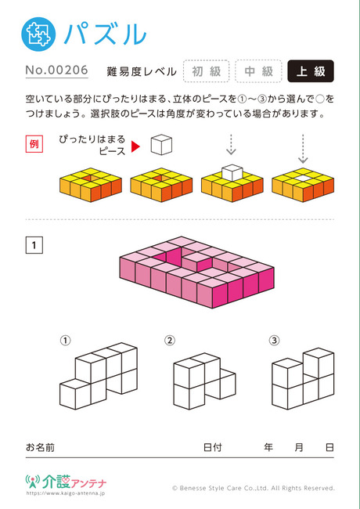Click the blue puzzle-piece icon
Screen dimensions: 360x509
pos(38,34)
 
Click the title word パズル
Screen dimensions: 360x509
pos(105,34)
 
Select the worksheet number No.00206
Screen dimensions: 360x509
pos(57,70)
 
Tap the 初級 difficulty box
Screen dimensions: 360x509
pos(207,71)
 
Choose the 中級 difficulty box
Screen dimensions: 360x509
pos(258,71)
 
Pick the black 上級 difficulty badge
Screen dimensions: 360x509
pos(311,71)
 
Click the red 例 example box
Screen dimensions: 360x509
pos(34,144)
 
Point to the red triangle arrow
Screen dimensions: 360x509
pos(135,146)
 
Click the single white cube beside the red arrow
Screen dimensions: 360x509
pos(161,144)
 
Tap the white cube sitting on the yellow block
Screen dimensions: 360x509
pos(232,172)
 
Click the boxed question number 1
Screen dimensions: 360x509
pos(34,245)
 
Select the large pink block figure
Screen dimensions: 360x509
pos(197,272)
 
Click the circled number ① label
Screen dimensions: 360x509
pos(65,340)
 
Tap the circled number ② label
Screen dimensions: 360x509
pos(170,340)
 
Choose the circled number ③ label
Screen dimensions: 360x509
pos(274,340)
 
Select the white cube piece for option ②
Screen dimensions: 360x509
pos(204,381)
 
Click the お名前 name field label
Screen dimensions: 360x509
pos(40,447)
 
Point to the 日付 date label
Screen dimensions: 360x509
pos(212,447)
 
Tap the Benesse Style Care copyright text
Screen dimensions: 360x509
pos(254,488)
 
